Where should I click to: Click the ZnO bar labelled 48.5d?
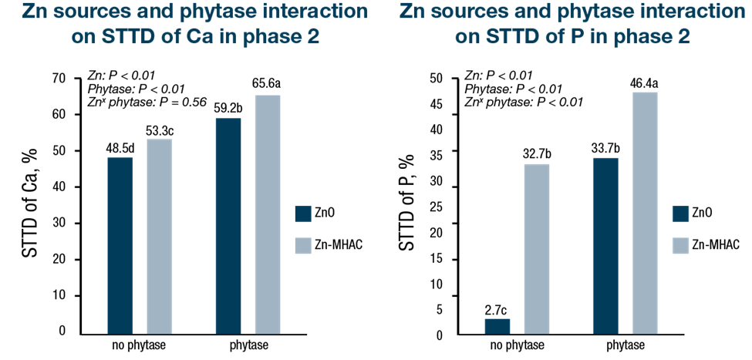tap(120, 245)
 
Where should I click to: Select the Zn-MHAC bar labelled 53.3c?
tap(160, 236)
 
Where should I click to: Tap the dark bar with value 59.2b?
tap(228, 226)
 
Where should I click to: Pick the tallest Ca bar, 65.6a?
tap(268, 214)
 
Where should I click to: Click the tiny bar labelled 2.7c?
tap(497, 326)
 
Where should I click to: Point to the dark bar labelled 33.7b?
tap(606, 246)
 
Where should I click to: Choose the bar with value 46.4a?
tap(646, 214)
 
